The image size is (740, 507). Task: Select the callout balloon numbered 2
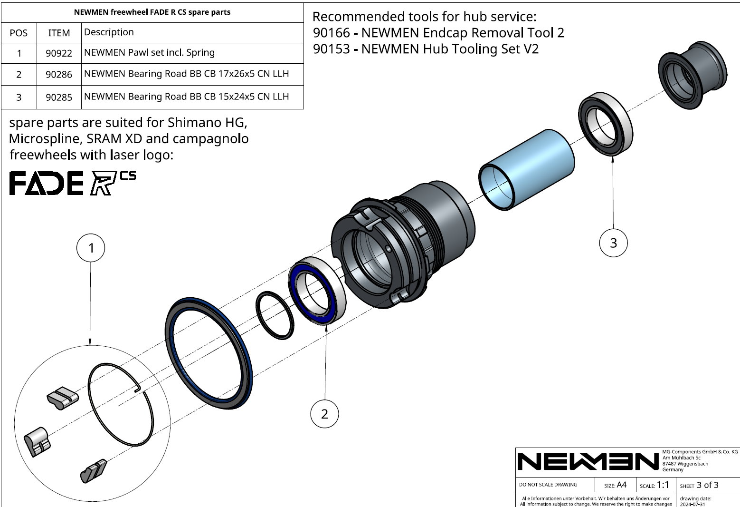[x=324, y=414]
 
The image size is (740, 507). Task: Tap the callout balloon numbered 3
[x=613, y=243]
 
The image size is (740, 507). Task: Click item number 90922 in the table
[x=59, y=53]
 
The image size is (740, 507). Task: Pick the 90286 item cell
[x=59, y=75]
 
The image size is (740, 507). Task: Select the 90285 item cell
[x=59, y=97]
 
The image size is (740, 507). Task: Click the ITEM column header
[x=59, y=33]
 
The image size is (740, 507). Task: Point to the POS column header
[x=19, y=33]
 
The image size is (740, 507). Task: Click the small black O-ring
[x=275, y=315]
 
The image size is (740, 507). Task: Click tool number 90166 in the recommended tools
[x=331, y=33]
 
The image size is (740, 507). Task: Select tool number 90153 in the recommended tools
[x=331, y=49]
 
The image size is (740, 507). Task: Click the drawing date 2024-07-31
[x=693, y=504]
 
